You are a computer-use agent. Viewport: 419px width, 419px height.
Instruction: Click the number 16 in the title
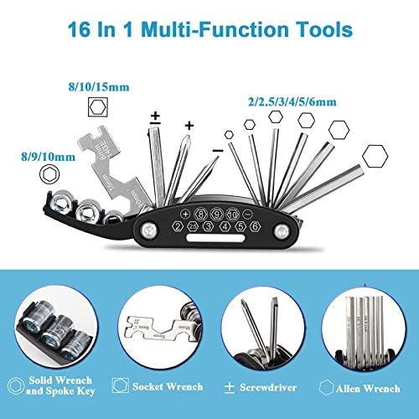84,32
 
